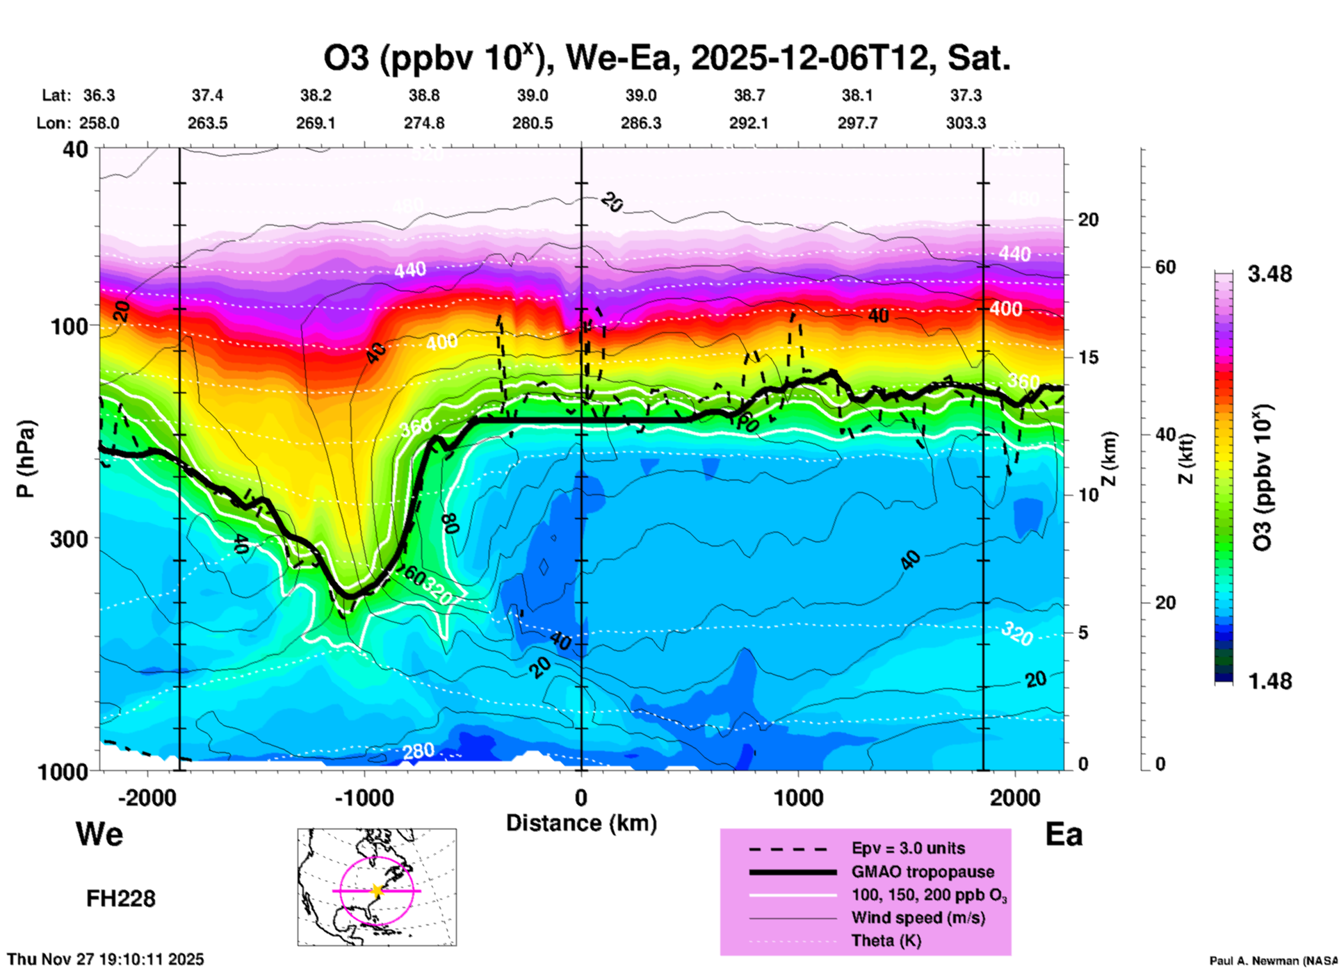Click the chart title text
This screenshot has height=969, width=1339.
[x=666, y=58]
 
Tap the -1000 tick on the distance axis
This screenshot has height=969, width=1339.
[x=364, y=797]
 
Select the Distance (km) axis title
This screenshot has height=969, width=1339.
[x=581, y=823]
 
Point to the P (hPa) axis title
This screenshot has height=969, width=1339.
[x=26, y=459]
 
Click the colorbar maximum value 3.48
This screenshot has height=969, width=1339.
[x=1269, y=274]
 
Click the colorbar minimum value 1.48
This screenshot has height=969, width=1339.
[x=1269, y=681]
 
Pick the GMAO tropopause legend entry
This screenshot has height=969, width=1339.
[x=923, y=872]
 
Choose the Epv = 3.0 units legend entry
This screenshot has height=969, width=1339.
[x=908, y=848]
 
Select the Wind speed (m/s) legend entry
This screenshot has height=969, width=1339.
[x=918, y=918]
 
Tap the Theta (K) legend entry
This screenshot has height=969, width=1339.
[x=886, y=940]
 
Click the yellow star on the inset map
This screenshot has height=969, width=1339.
[x=377, y=890]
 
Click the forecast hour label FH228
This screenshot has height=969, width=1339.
[x=121, y=899]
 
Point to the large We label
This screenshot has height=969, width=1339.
[x=99, y=834]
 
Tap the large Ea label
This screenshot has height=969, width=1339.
[x=1064, y=834]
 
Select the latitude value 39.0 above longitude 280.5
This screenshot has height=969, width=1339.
[x=532, y=95]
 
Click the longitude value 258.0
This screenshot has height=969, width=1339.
[x=99, y=123]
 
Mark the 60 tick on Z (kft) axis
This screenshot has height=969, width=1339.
[x=1165, y=267]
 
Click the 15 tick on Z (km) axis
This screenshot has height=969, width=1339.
[x=1089, y=357]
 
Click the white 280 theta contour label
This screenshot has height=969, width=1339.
[x=418, y=751]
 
